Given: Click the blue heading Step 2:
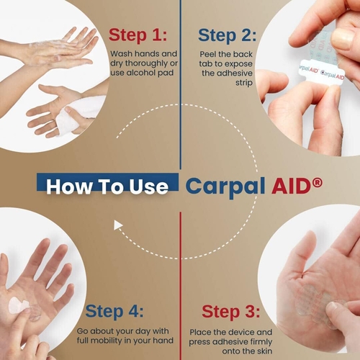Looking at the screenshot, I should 227,35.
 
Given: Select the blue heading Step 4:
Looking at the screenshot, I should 114,311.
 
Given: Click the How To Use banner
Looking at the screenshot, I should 107,186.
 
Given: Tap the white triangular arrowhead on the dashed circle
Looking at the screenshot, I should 118,225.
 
